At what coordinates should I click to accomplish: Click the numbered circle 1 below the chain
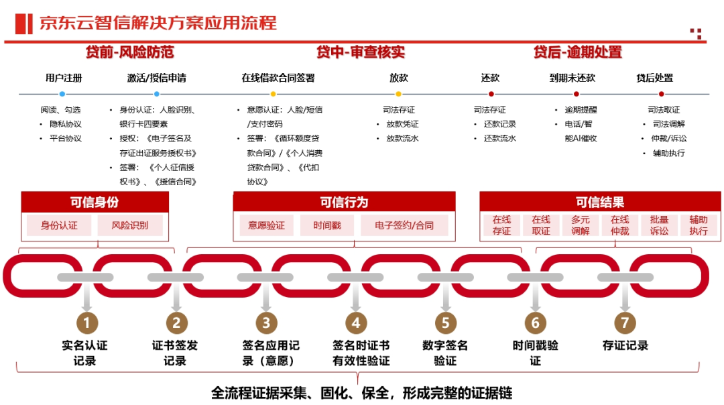[x=86, y=323]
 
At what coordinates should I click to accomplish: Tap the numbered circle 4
[x=356, y=323]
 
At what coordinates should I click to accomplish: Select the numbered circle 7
[x=625, y=323]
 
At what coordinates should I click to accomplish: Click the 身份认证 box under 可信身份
[x=59, y=225]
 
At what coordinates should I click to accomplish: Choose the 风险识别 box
[x=130, y=225]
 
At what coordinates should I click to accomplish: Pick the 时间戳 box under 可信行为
[x=327, y=225]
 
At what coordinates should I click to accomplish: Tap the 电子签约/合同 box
[x=404, y=225]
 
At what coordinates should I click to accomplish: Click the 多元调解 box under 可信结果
[x=581, y=225]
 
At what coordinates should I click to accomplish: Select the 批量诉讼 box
[x=659, y=225]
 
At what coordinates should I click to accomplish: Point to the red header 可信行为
[x=344, y=202]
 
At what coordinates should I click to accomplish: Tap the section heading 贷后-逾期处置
[x=578, y=52]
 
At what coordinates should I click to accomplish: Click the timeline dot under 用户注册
[x=62, y=95]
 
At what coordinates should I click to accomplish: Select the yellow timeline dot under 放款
[x=398, y=95]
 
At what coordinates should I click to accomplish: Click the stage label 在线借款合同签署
[x=278, y=78]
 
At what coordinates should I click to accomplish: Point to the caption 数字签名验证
[x=445, y=353]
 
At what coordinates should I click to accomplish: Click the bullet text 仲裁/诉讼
[x=664, y=139]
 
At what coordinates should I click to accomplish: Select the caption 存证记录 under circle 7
[x=625, y=346]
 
